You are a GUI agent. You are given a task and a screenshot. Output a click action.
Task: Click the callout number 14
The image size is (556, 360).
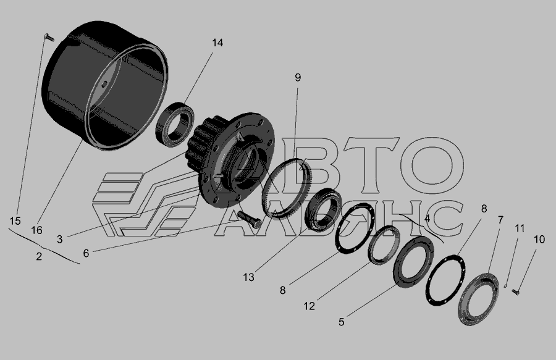(x=217, y=43)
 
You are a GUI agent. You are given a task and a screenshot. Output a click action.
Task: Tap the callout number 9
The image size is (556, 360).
(x=298, y=77)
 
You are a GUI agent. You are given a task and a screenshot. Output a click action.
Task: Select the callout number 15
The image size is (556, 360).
(x=15, y=221)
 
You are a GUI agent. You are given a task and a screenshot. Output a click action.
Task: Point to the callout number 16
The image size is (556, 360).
(x=36, y=230)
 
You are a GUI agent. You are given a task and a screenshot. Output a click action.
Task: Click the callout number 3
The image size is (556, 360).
(x=59, y=240)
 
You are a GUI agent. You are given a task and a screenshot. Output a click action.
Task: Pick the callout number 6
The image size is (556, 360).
(x=86, y=253)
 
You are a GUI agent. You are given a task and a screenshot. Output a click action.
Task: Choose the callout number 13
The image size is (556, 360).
(x=248, y=277)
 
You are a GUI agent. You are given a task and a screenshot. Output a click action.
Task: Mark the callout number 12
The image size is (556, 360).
(x=310, y=306)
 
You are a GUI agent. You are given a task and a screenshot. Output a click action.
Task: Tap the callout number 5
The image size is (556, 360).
(x=341, y=322)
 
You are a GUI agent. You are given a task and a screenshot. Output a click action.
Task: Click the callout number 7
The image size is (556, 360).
(x=500, y=220)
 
